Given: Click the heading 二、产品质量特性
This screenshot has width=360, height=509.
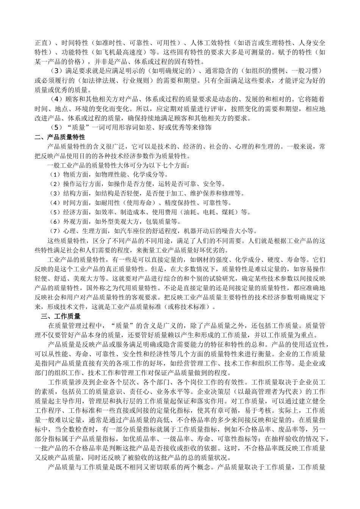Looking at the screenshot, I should [60, 137].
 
